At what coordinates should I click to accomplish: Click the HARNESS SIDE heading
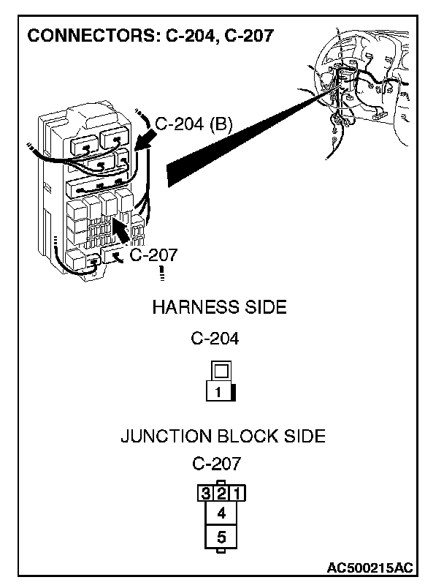[x=219, y=307]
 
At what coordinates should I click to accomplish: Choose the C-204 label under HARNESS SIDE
[x=215, y=339]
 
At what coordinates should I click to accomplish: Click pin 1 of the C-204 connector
[x=218, y=392]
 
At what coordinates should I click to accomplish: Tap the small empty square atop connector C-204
[x=219, y=371]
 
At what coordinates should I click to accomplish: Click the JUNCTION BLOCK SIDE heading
[x=223, y=437]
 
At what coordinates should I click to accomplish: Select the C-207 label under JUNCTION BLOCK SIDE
[x=217, y=464]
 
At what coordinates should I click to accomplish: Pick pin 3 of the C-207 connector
[x=207, y=493]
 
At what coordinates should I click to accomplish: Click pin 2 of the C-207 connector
[x=221, y=493]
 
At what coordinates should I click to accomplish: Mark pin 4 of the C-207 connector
[x=221, y=513]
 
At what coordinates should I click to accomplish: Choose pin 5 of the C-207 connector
[x=221, y=538]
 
